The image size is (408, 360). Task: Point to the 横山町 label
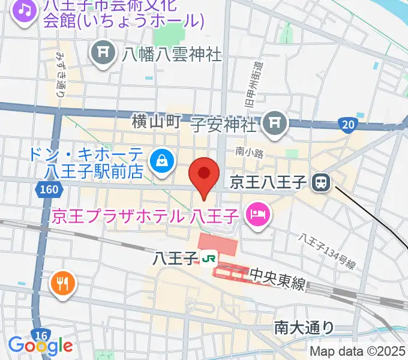(156, 122)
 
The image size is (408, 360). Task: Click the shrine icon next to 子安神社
(275, 124)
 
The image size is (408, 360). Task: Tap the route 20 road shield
(347, 124)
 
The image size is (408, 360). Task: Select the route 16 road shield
(41, 335)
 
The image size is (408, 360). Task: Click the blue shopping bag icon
(162, 160)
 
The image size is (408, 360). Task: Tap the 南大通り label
(304, 327)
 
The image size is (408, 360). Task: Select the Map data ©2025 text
(358, 352)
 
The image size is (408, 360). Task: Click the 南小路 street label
(250, 153)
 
